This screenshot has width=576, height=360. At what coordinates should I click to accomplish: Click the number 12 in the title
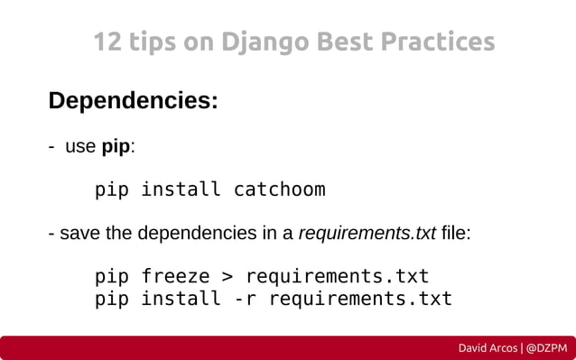point(107,42)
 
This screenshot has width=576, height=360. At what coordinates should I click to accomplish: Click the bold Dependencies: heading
point(133,100)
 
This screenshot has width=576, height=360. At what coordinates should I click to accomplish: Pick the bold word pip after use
point(116,146)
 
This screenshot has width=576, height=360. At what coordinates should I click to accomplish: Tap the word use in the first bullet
point(80,146)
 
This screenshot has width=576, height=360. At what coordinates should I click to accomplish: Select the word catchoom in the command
point(279,190)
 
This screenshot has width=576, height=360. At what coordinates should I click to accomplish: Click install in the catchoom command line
point(181,190)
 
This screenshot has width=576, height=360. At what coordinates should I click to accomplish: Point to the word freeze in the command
point(174,275)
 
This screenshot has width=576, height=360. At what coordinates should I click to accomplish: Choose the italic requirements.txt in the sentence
point(367,234)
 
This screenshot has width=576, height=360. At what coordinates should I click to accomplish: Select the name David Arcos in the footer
point(488,347)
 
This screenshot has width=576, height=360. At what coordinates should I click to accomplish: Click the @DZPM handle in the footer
point(548,347)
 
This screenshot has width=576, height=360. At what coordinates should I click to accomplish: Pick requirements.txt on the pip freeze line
point(337,275)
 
